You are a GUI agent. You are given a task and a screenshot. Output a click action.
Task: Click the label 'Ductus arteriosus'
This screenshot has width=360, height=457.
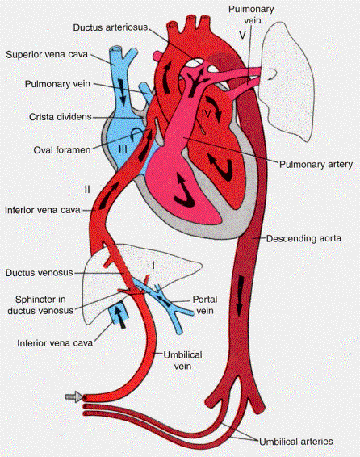pos(111,27)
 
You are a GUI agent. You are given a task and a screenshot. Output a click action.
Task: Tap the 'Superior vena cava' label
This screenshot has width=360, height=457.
pos(47,55)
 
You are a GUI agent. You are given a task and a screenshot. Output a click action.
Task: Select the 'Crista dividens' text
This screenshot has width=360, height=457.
pos(61,117)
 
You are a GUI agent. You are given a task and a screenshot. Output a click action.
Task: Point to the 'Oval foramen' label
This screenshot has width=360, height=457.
pos(62,150)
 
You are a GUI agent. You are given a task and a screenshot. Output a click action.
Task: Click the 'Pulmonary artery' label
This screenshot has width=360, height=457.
pos(316,165)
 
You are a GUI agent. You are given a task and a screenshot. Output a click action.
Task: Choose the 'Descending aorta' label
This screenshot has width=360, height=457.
pos(303,238)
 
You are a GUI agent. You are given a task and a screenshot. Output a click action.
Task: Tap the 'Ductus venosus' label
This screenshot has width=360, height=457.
pos(39,273)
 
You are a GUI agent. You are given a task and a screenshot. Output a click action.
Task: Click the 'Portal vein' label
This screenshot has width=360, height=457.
pos(205,305)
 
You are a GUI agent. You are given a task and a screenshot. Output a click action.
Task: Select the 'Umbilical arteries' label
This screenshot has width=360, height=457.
pos(296,442)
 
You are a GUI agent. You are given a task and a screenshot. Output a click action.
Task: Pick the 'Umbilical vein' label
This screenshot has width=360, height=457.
pos(182,360)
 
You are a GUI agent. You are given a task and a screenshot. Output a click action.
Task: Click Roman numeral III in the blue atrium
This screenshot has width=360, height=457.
pos(123,149)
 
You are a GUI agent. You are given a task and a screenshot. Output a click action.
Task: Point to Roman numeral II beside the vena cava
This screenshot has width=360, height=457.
pos(87,190)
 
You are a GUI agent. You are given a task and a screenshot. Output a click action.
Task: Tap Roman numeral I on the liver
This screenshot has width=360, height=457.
pos(153,265)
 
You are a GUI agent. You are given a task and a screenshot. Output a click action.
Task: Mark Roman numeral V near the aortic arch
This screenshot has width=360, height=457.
pos(242,36)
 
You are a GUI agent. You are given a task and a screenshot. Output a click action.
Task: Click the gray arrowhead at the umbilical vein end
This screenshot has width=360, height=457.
pos(75,396)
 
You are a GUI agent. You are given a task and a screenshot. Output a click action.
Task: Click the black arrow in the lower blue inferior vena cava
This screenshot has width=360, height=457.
pos(120,317)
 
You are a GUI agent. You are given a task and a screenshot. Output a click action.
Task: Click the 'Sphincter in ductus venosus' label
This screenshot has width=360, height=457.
pos(40,305)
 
